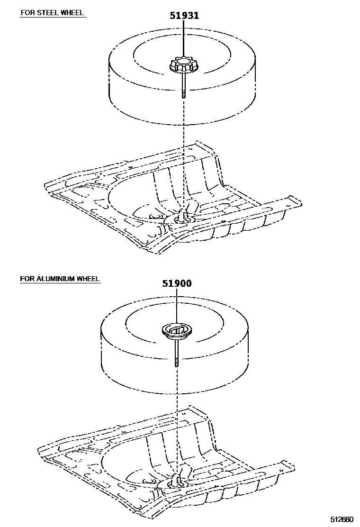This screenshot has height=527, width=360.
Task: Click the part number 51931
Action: pos(184,16)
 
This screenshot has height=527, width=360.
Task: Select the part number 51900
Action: pos(177,283)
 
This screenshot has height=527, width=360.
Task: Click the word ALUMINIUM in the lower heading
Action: pos(55,279)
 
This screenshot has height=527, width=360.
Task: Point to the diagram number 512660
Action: pos(342,519)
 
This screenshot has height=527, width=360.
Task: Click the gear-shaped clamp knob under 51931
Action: pos(183,65)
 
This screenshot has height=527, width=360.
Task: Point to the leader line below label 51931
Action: pos(184,40)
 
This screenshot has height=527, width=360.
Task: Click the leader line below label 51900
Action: pos(177,307)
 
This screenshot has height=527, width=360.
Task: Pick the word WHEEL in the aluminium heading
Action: pos(88,279)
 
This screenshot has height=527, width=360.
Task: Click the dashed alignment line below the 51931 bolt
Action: pos(183,153)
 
